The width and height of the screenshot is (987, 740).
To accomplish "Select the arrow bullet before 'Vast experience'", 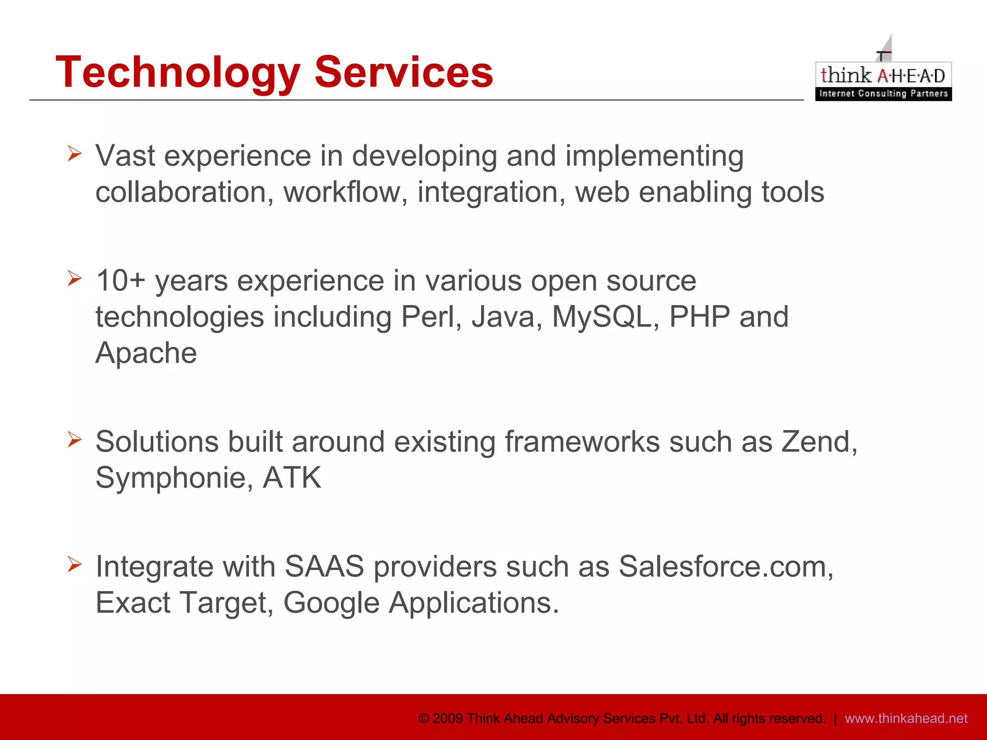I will coord(75,154).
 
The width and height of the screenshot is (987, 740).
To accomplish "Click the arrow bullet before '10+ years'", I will coord(75,278).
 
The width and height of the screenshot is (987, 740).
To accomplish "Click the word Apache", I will coord(146,353).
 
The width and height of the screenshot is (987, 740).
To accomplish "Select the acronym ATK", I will coord(292,478).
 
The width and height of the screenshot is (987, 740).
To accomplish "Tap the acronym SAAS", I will coord(324,567).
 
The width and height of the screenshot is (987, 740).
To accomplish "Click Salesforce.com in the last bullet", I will coord(725,567).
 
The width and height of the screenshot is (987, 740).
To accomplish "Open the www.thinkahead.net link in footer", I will coord(906,718).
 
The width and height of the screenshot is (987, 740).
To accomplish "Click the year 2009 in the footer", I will coord(448,718).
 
